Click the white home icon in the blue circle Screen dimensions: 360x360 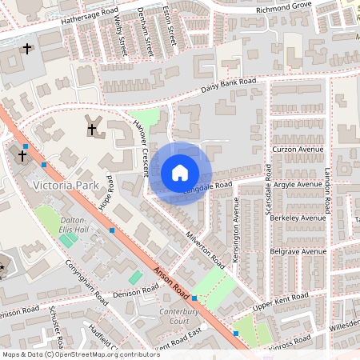[x=180, y=173]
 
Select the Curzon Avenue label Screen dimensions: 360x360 [x=297, y=150]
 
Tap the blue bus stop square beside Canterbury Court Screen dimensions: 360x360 [x=194, y=298]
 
